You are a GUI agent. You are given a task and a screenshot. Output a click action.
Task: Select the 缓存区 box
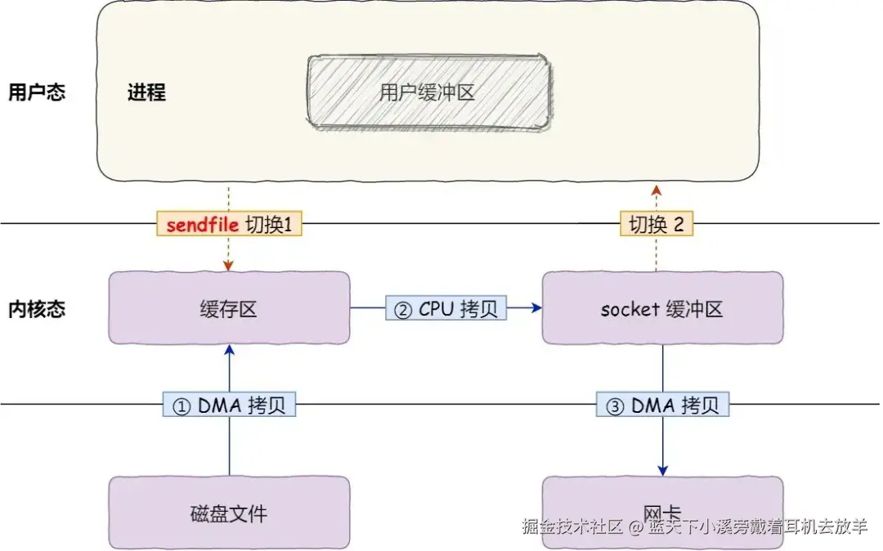click(x=229, y=308)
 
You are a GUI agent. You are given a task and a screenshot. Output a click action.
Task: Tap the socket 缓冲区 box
click(x=662, y=308)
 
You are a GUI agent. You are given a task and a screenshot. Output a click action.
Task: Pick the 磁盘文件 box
click(x=229, y=513)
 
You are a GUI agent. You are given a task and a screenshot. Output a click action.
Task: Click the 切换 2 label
click(x=656, y=226)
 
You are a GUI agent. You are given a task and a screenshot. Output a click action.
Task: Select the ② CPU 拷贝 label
click(x=446, y=308)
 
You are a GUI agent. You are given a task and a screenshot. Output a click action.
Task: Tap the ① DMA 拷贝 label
click(x=229, y=405)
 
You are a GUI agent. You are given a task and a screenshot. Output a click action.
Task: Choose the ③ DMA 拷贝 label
click(x=662, y=405)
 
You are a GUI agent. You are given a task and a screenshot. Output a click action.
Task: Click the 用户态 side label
click(x=36, y=92)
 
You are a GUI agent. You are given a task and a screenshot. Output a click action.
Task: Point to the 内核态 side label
click(x=36, y=309)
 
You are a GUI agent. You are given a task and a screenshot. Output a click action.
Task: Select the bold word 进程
click(x=146, y=92)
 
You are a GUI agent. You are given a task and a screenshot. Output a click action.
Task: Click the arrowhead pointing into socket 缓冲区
click(x=537, y=308)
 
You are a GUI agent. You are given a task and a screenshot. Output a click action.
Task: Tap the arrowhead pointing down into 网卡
click(x=662, y=470)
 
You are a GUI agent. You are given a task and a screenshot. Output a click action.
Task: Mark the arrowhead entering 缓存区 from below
click(x=229, y=350)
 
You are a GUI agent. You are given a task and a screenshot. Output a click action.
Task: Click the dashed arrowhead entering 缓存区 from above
click(x=229, y=266)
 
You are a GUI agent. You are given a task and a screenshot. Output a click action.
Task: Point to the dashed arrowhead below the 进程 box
click(x=656, y=190)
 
